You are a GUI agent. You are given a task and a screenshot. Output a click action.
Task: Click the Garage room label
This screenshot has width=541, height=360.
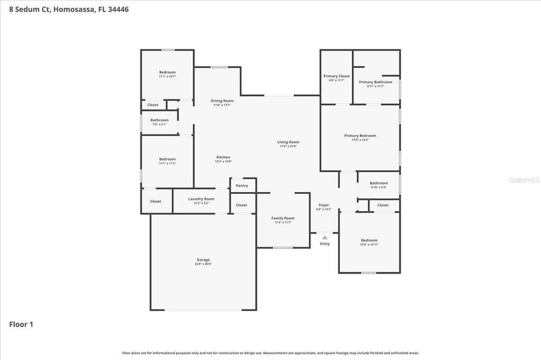click(203, 260)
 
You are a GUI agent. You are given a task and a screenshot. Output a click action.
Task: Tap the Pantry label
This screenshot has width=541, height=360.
click(242, 186)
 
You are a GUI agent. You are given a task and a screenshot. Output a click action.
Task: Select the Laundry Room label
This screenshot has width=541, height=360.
click(201, 199)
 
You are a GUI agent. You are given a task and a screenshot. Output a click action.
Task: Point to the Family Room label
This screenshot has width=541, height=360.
click(282, 218)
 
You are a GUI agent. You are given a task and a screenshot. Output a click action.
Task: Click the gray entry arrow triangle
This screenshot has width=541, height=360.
click(325, 238)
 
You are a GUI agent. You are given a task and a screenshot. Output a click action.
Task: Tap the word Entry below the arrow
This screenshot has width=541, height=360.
click(325, 244)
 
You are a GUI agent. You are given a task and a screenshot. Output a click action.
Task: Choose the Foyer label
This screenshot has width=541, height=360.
click(324, 205)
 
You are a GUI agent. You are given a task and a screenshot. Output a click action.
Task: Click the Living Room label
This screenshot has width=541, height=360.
click(288, 142)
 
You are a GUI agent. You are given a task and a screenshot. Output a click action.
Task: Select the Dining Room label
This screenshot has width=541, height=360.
click(222, 101)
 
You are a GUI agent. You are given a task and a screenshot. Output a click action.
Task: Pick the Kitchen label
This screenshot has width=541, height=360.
click(223, 157)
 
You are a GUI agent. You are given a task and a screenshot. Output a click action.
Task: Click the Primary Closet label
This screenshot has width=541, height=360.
click(336, 76)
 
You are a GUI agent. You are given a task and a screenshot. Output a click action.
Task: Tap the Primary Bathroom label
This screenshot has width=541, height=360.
click(375, 82)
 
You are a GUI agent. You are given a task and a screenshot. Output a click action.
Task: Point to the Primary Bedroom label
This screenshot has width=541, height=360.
click(360, 136)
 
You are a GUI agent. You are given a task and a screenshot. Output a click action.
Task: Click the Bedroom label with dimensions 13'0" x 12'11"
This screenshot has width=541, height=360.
click(369, 241)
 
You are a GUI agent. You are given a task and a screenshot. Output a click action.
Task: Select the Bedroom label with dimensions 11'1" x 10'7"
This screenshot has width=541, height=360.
click(168, 73)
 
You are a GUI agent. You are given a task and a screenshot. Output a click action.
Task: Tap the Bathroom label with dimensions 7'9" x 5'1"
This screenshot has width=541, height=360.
click(160, 120)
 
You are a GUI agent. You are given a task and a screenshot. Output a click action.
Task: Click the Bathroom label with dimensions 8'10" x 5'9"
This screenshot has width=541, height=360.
click(379, 183)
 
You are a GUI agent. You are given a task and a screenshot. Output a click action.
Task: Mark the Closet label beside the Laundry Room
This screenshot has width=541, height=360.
click(156, 202)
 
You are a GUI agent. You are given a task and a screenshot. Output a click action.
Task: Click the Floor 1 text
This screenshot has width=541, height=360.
click(21, 325)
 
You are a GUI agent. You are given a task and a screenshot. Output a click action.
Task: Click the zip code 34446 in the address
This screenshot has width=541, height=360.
click(118, 10)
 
